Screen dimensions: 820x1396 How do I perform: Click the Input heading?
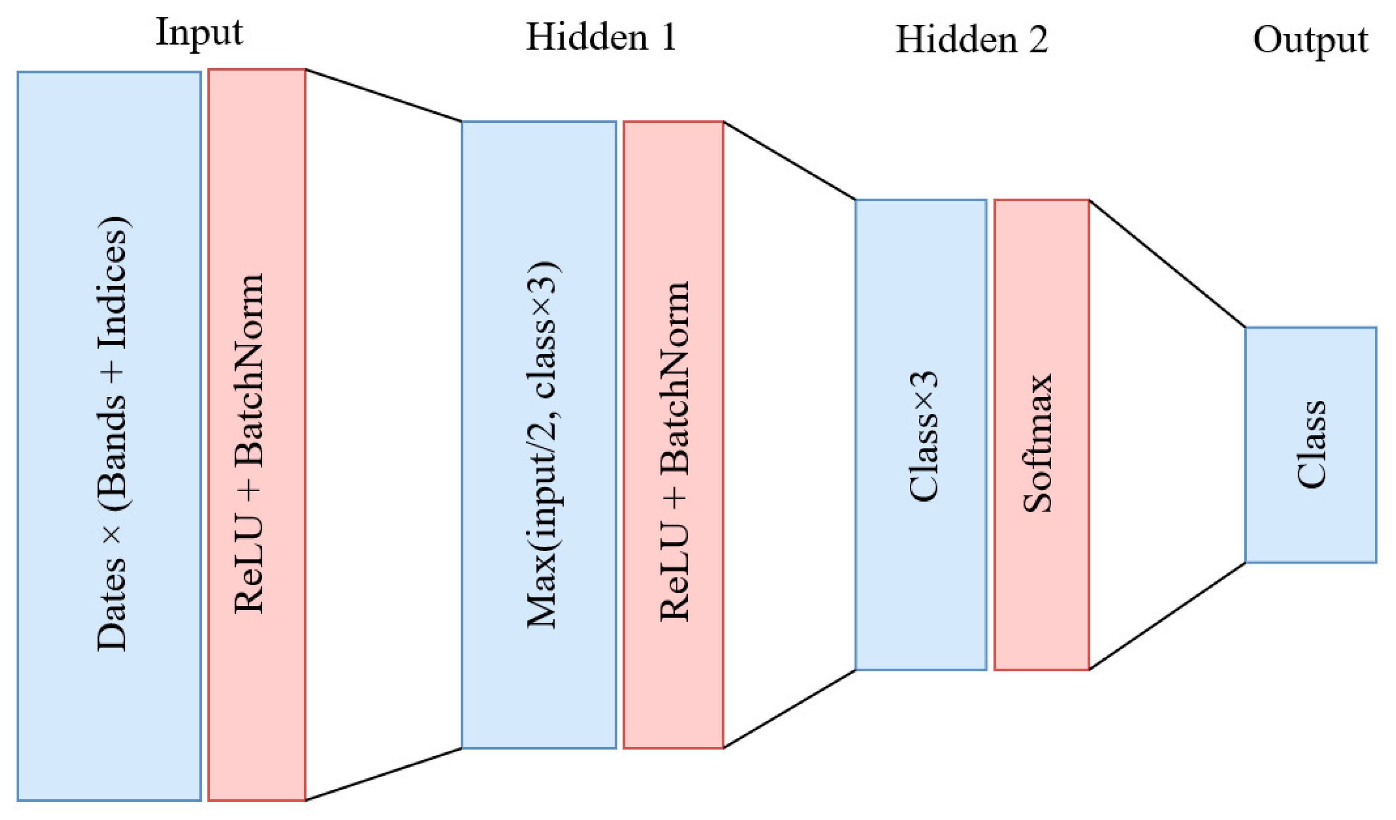pyautogui.click(x=199, y=33)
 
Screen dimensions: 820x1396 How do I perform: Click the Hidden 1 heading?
pyautogui.click(x=601, y=37)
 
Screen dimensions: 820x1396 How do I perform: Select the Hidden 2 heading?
pyautogui.click(x=972, y=40)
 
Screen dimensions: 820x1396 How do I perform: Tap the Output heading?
pyautogui.click(x=1310, y=41)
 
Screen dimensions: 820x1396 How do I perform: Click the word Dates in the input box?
pyautogui.click(x=112, y=604)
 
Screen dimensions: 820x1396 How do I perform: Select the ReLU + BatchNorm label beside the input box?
pyautogui.click(x=249, y=443)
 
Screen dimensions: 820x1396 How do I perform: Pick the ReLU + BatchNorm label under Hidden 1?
pyautogui.click(x=675, y=451)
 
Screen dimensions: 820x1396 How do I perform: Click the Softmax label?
pyautogui.click(x=1037, y=443)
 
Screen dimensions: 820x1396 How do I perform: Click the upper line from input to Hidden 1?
pyautogui.click(x=383, y=95)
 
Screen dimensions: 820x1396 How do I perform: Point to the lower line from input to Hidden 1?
pyautogui.click(x=383, y=774)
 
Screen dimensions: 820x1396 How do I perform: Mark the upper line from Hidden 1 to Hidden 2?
pyautogui.click(x=789, y=160)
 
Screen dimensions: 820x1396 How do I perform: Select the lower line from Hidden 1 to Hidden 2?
pyautogui.click(x=789, y=709)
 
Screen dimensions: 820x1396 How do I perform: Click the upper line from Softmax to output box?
pyautogui.click(x=1167, y=264)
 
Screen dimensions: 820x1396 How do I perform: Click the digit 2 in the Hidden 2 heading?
pyautogui.click(x=1038, y=40)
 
